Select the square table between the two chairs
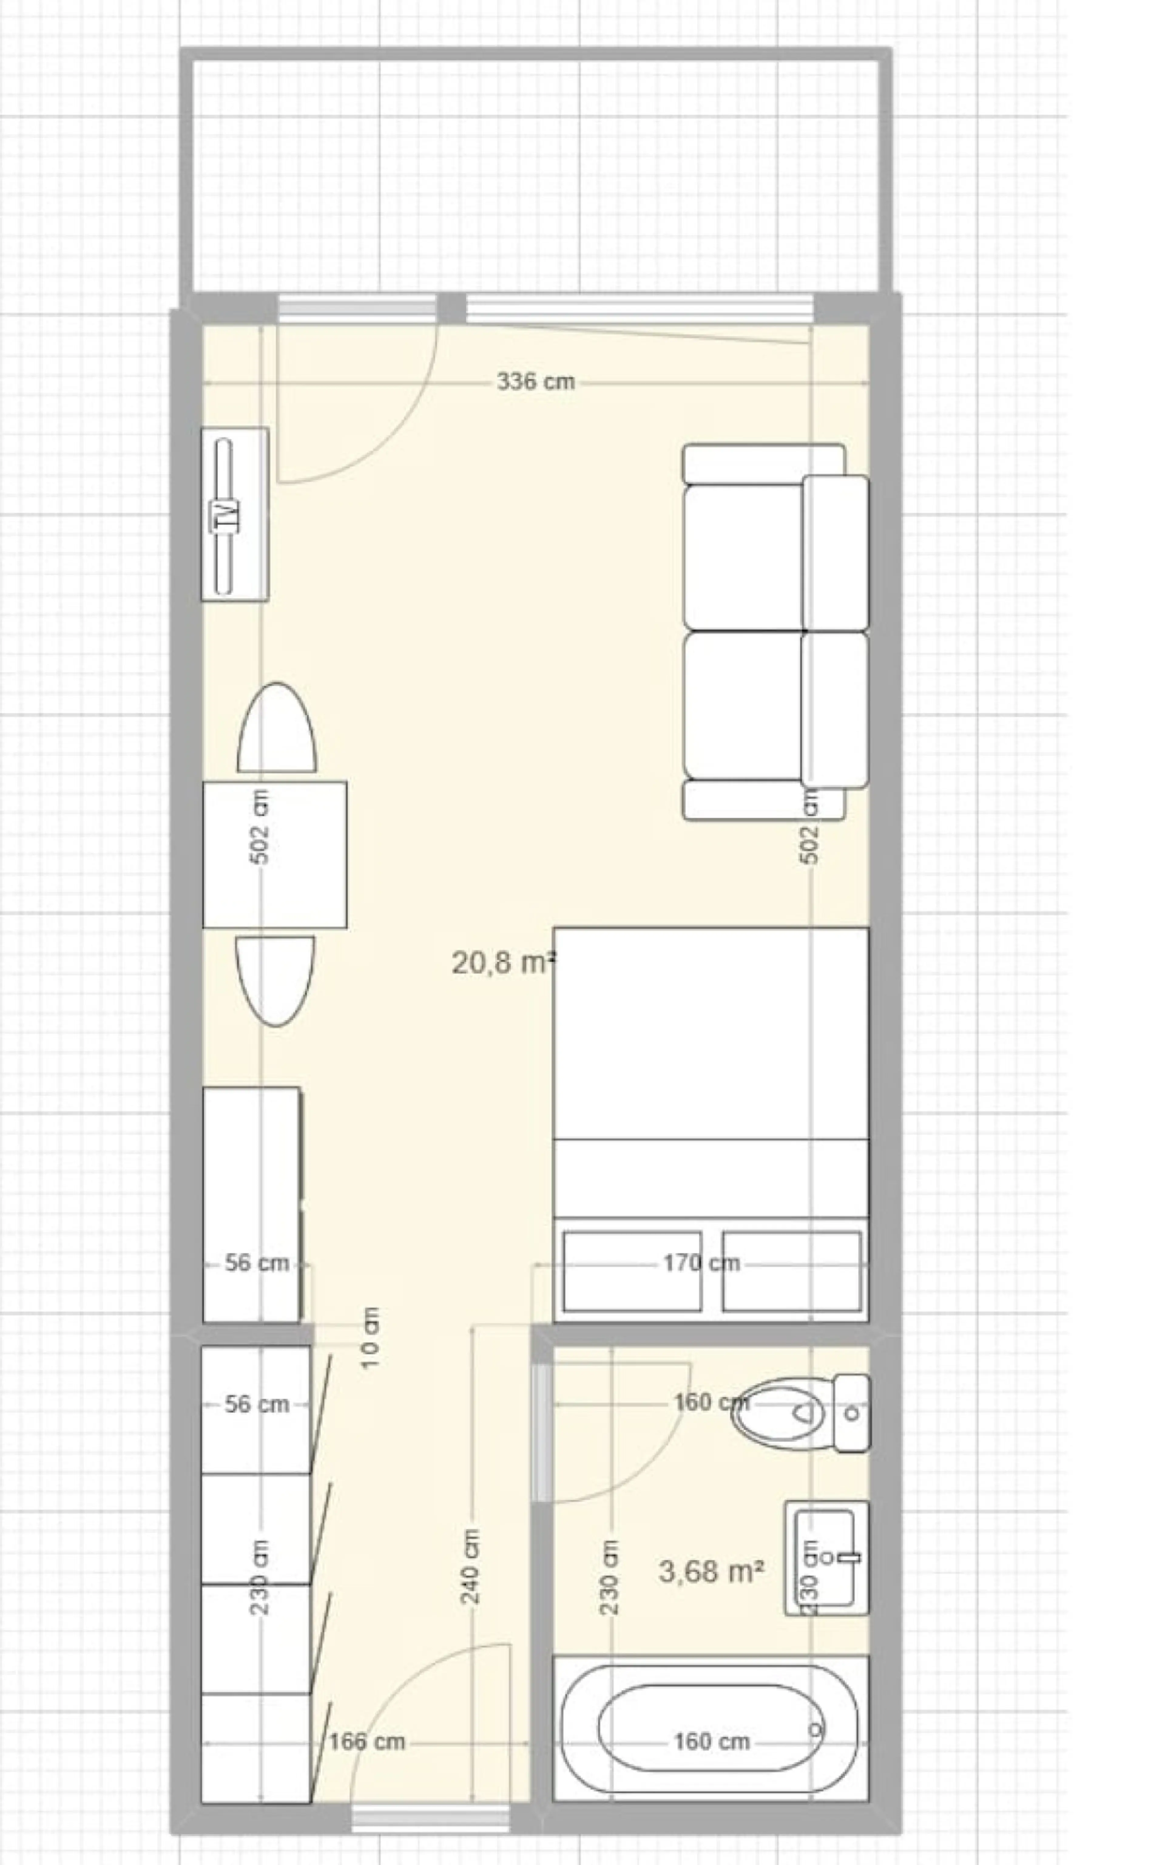(274, 854)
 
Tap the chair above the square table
(277, 727)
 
